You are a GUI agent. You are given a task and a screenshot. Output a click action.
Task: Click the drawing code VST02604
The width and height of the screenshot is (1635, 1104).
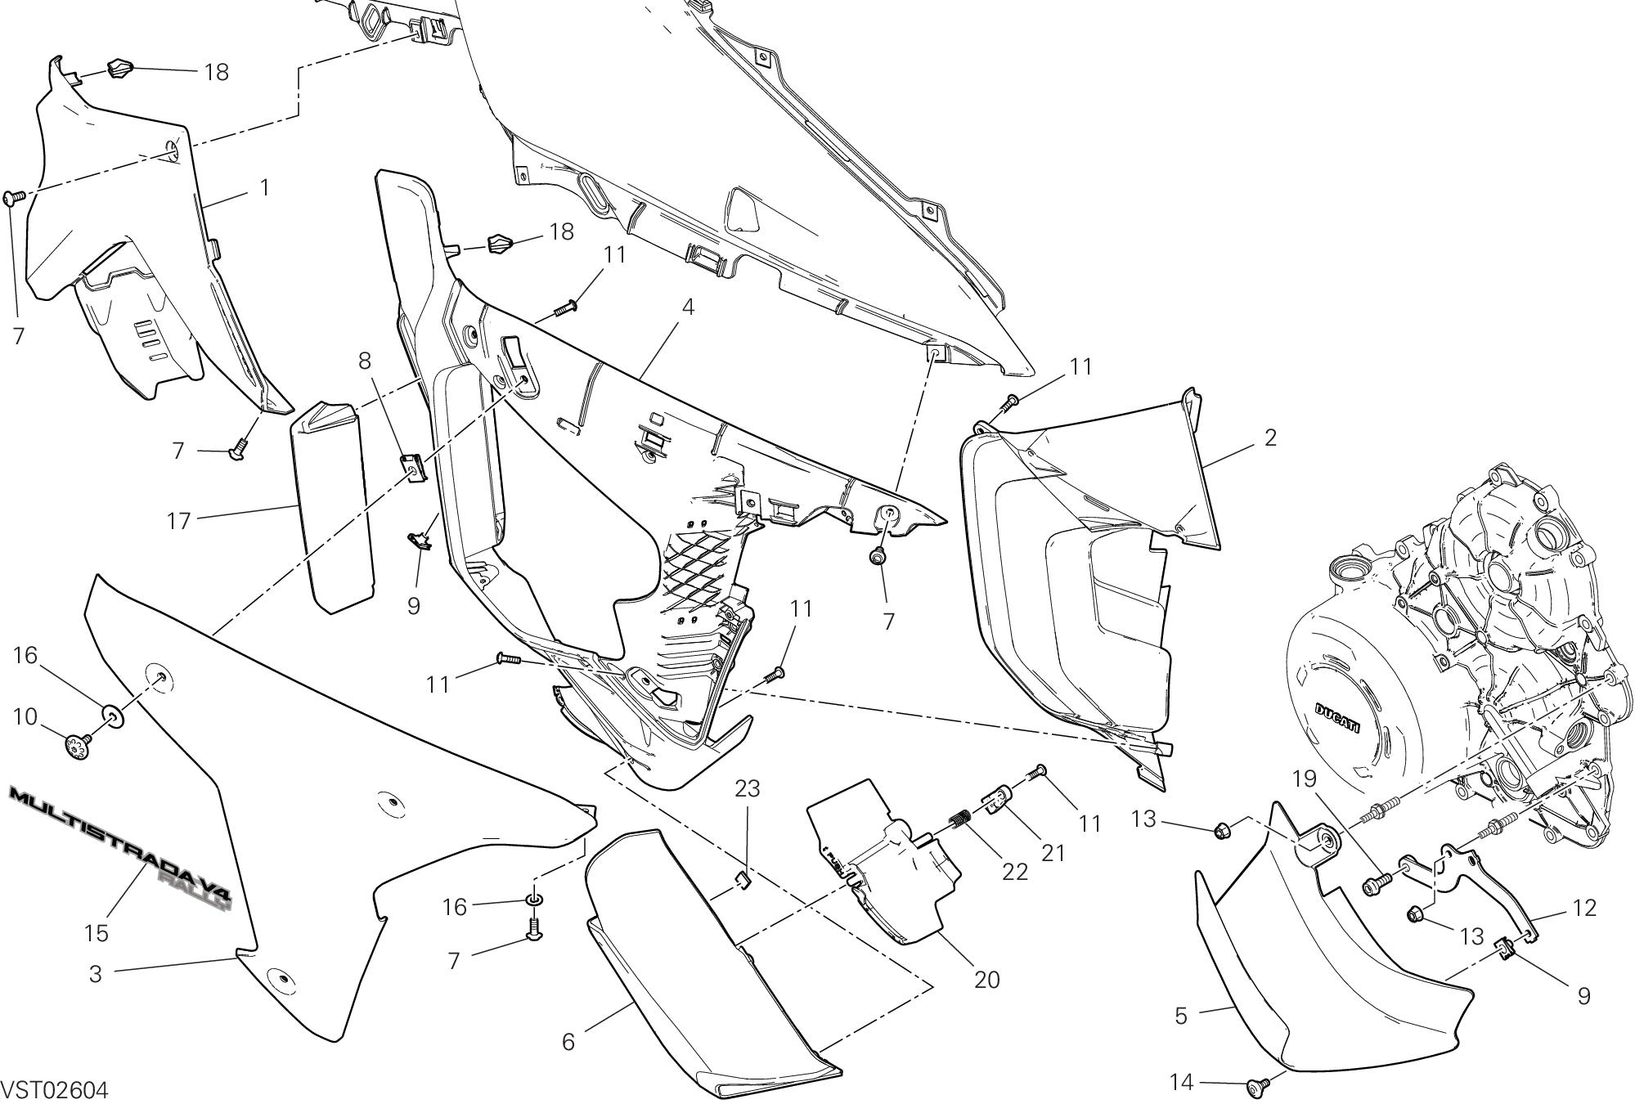coord(55,1090)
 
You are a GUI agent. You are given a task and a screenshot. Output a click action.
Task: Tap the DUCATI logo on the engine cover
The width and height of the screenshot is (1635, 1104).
coord(1338,718)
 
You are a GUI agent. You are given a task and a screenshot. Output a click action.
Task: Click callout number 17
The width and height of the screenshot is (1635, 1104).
coord(178,520)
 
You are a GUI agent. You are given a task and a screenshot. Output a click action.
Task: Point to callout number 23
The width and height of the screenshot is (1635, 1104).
coord(747,788)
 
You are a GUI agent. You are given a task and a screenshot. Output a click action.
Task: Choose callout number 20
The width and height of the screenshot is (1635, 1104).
coord(987,979)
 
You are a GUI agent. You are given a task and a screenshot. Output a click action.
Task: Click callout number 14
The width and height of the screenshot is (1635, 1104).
coord(1181,1083)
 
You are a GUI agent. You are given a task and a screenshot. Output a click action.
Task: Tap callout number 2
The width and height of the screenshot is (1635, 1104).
coord(1269,438)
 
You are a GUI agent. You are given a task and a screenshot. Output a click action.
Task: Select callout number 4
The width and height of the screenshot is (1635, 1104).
coord(688,307)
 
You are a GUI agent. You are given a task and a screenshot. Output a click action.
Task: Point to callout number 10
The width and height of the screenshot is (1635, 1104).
coord(25,717)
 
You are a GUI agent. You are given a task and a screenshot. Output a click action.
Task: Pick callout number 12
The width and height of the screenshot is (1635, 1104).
coord(1584,908)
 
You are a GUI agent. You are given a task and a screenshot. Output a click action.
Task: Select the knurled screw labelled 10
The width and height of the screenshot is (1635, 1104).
coord(79,747)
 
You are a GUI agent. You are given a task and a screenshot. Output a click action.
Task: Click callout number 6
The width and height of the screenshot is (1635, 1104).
coord(568,1041)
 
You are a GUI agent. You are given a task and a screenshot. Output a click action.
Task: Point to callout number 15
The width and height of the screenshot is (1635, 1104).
coord(96,932)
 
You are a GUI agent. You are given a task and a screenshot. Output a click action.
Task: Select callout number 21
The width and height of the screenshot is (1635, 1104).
coord(1053,852)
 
